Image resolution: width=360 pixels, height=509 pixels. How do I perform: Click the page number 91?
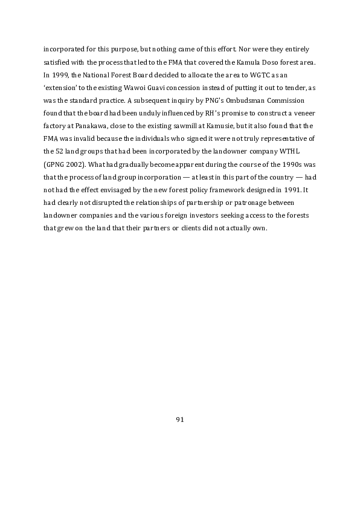tap(179, 420)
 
